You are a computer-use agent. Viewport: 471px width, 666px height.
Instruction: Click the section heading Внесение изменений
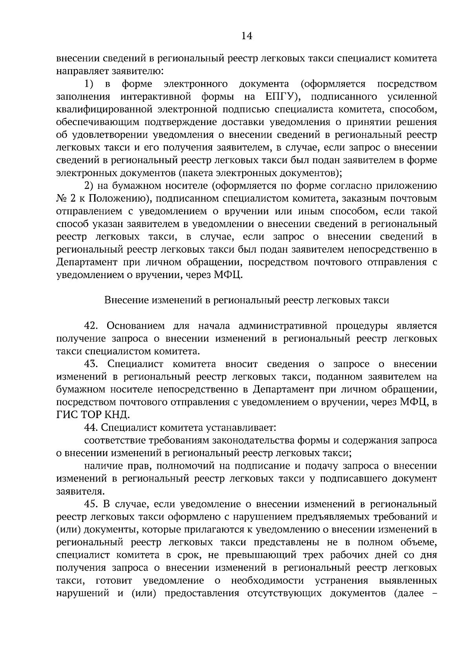point(246,300)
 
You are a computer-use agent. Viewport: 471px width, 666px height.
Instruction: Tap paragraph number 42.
point(91,326)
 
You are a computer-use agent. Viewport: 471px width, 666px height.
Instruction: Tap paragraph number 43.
point(91,364)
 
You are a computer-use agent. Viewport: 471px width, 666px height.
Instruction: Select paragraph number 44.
point(92,428)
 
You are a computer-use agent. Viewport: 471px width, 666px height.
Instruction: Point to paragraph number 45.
point(92,504)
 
